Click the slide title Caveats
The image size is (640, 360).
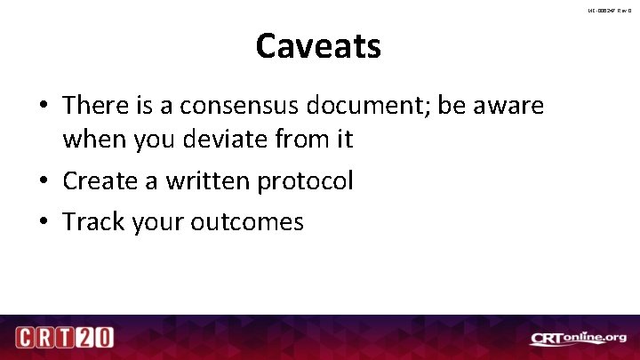[318, 46]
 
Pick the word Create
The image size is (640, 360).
[99, 180]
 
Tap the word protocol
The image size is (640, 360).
[305, 182]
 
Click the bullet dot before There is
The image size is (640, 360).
[44, 107]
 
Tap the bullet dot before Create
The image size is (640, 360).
[44, 181]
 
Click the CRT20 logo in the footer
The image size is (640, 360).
[63, 338]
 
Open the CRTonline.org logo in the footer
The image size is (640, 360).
[579, 338]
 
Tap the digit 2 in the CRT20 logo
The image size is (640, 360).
[84, 338]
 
